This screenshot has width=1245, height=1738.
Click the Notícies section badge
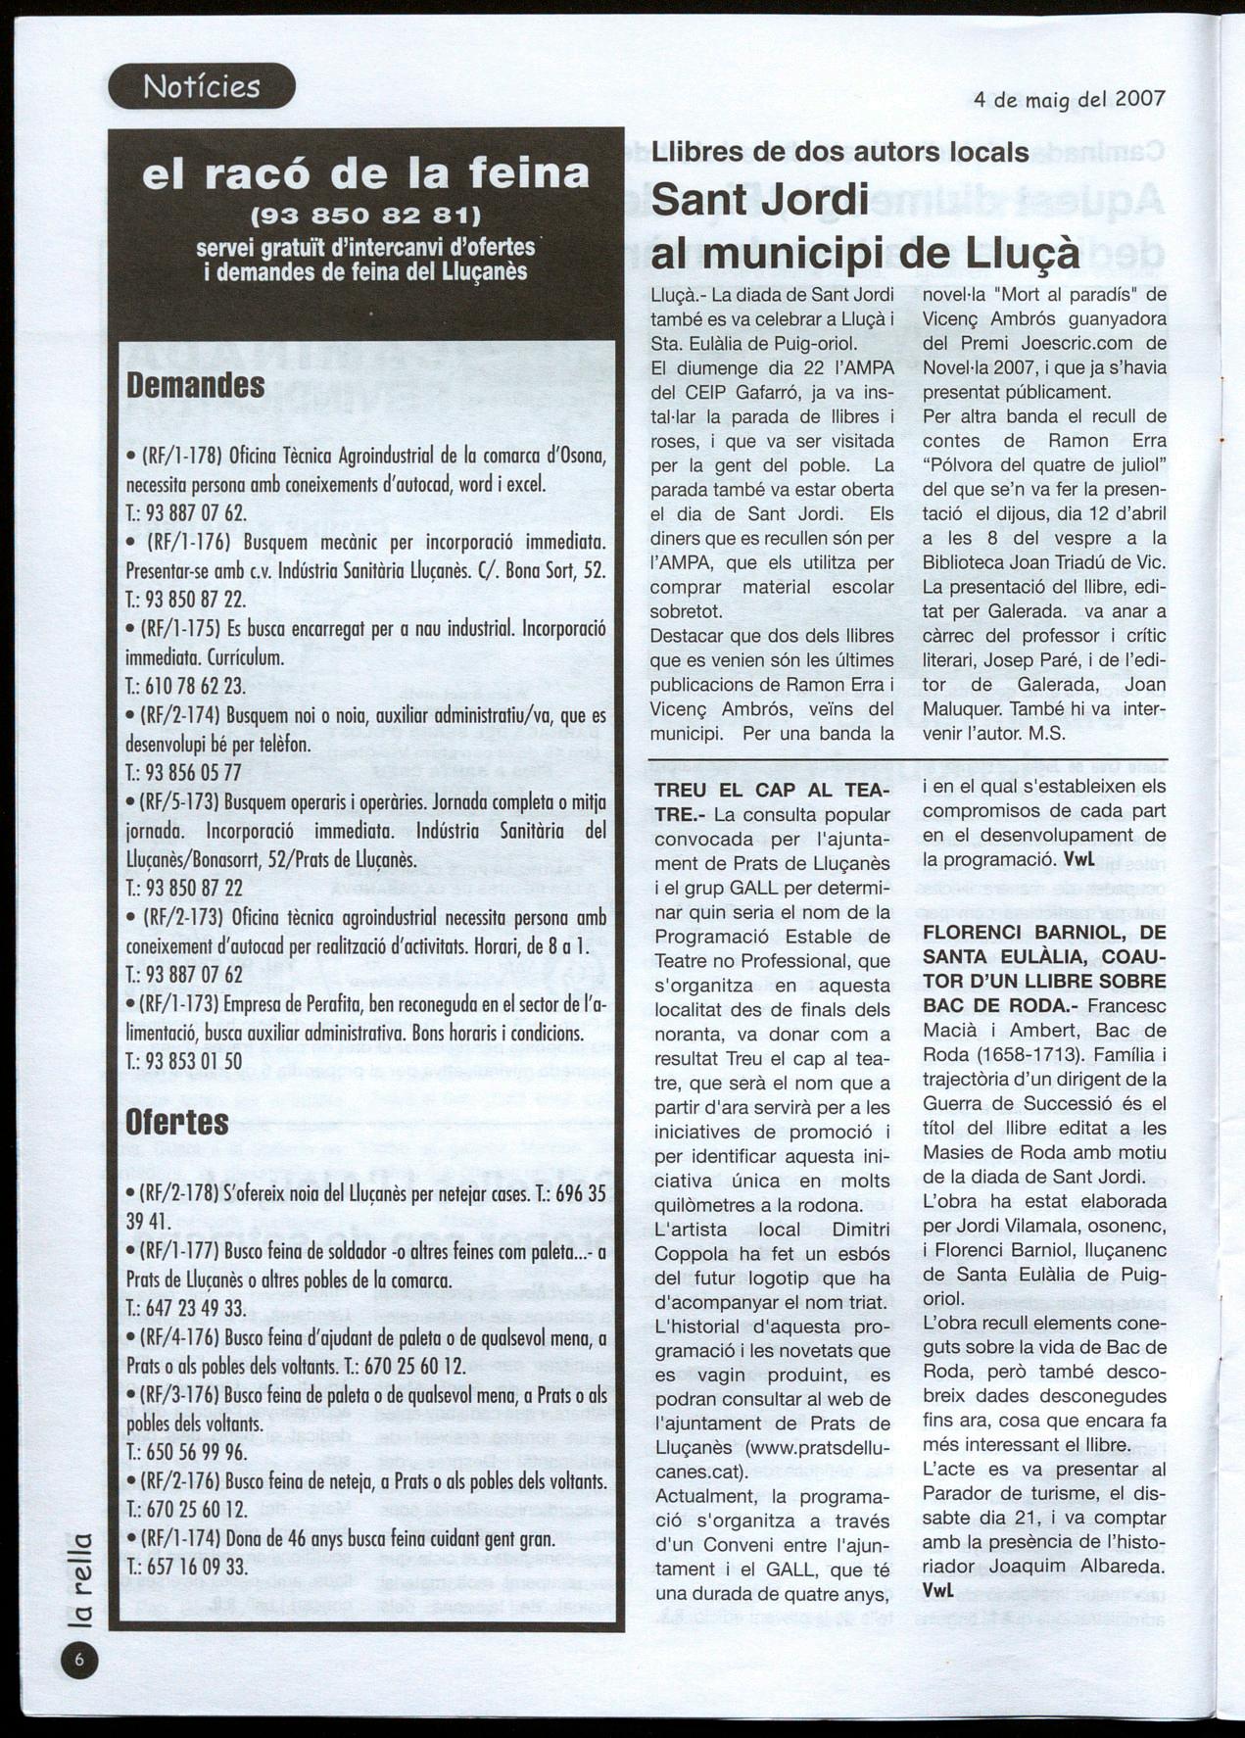pyautogui.click(x=201, y=86)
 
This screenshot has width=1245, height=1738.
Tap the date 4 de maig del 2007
pyautogui.click(x=1069, y=99)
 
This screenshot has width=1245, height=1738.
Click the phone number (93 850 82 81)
pyautogui.click(x=365, y=214)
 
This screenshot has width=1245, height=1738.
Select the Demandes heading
pyautogui.click(x=196, y=385)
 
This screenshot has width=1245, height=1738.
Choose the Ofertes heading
pyautogui.click(x=177, y=1123)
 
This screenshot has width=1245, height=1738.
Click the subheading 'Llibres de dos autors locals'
pyautogui.click(x=839, y=153)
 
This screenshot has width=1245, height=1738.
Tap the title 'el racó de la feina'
pyautogui.click(x=365, y=173)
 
